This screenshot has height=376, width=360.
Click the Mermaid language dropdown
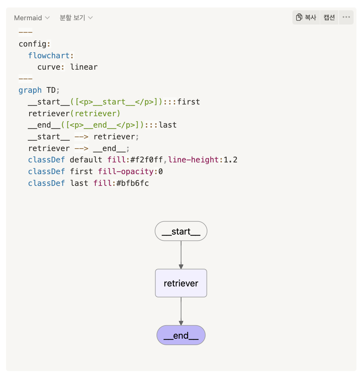[32, 18]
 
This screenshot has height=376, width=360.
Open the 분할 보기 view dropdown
[76, 18]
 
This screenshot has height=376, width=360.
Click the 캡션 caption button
[329, 17]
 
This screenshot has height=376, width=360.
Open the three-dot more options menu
[346, 17]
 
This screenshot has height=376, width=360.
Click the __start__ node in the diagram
[181, 232]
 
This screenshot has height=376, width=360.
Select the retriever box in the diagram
[181, 283]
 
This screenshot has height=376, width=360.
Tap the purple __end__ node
[181, 335]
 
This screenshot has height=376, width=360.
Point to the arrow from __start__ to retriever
[181, 254]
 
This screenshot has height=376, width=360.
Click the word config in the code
[33, 44]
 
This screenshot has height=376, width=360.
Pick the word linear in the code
[84, 67]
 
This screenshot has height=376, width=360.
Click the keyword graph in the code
[30, 90]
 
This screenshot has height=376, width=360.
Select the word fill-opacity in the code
[126, 172]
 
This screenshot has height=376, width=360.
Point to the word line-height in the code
[195, 160]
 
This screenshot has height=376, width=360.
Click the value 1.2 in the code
[231, 160]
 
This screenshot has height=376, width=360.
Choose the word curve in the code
[49, 67]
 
